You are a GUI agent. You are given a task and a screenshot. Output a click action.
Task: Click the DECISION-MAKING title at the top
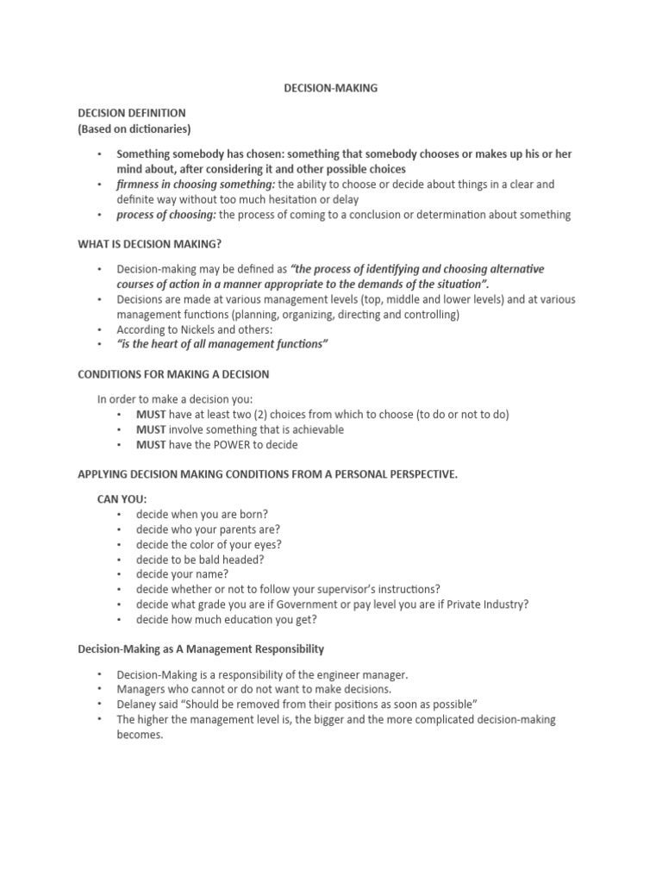coord(331,87)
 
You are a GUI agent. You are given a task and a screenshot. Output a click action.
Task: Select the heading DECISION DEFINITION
coord(131,113)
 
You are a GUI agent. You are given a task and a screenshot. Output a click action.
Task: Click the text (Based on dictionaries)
coord(134,129)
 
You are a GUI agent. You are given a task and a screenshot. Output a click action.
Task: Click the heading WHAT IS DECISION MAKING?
coord(155,245)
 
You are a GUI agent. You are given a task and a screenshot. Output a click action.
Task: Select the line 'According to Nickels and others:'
coord(196,329)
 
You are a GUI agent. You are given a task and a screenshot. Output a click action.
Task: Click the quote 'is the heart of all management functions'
coord(222,345)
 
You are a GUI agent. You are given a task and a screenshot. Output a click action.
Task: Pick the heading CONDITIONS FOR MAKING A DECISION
coord(173,374)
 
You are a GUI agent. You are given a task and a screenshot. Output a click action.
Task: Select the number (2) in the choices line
coord(280,414)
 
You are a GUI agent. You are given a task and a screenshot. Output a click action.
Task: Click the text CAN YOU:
coord(122,499)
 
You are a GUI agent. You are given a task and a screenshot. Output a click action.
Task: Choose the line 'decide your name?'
coord(182,574)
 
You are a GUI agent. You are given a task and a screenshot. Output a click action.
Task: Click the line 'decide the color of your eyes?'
coord(209,544)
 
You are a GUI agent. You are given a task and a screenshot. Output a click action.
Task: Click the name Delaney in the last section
coord(137,704)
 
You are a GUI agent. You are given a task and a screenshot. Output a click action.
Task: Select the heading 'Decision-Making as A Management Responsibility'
coord(201,648)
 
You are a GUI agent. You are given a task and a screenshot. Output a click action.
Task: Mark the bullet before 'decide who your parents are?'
coord(120,529)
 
